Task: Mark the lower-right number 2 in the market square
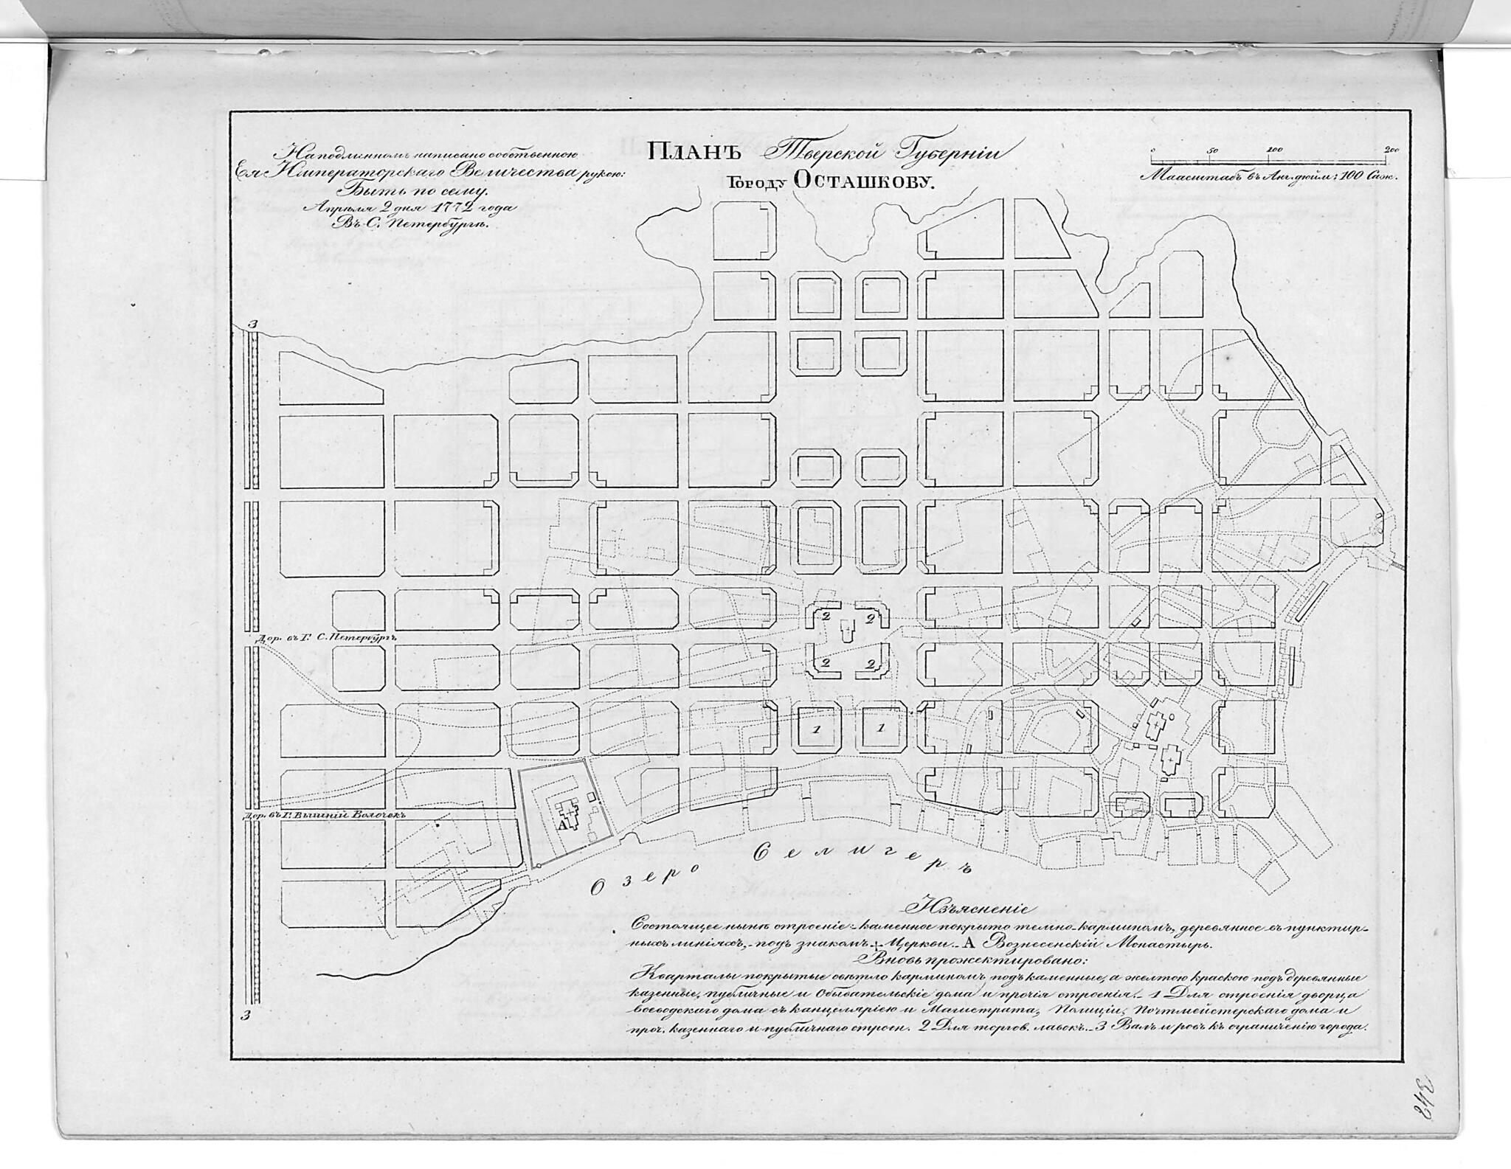[871, 663]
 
